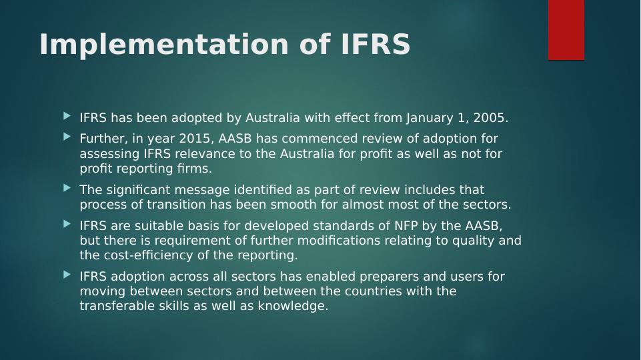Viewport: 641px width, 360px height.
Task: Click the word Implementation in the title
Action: point(164,45)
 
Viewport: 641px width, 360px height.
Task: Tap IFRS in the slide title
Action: point(376,44)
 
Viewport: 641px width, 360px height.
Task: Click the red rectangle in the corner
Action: point(566,30)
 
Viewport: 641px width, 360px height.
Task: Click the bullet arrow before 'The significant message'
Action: point(67,188)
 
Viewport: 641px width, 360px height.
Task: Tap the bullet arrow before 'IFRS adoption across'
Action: point(67,275)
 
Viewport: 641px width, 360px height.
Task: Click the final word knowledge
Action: point(293,307)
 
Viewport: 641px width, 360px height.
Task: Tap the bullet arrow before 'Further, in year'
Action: point(67,137)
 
